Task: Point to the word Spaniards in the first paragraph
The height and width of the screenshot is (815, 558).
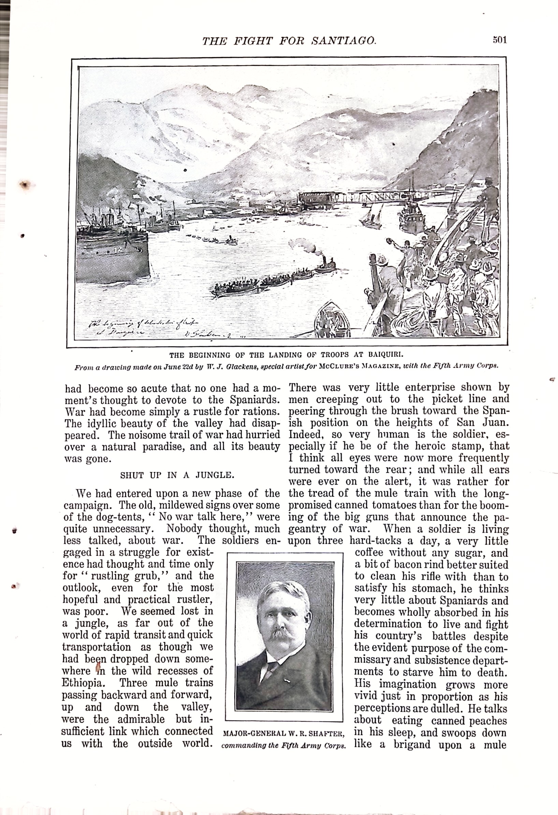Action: [255, 400]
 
